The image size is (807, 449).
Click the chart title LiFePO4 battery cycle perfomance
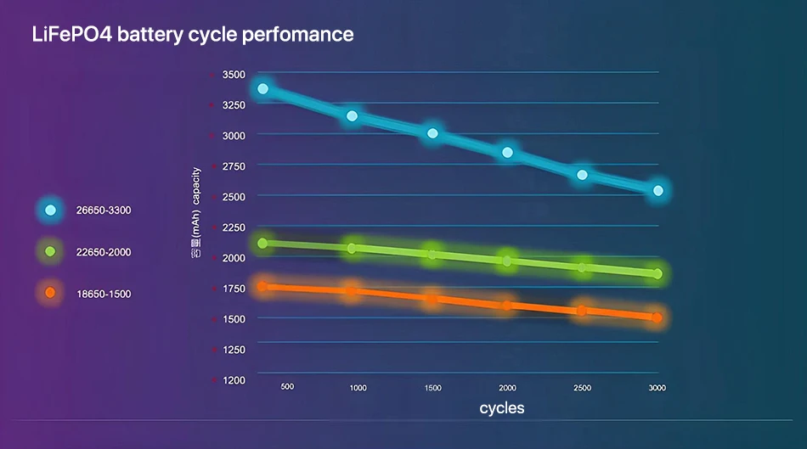point(192,35)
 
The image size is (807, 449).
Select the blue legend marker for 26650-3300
point(50,210)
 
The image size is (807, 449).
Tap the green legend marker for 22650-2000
point(50,251)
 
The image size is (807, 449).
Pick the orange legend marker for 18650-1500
point(50,293)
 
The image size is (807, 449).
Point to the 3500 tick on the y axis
point(234,75)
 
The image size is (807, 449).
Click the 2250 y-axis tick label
point(234,227)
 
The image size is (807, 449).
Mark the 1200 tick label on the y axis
point(234,380)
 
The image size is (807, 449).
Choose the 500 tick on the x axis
point(287,387)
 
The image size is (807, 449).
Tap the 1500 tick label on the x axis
point(432,388)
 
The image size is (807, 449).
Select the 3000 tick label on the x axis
point(657,388)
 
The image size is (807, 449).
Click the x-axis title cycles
point(502,408)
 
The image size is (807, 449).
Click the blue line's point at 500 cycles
point(263,88)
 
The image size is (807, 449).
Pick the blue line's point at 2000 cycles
point(507,153)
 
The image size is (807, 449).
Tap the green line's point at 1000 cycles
point(352,248)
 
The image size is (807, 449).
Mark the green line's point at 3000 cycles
point(657,273)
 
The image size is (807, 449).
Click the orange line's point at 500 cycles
point(262,287)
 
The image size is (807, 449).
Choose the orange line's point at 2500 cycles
point(582,311)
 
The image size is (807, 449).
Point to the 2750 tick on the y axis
point(234,166)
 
